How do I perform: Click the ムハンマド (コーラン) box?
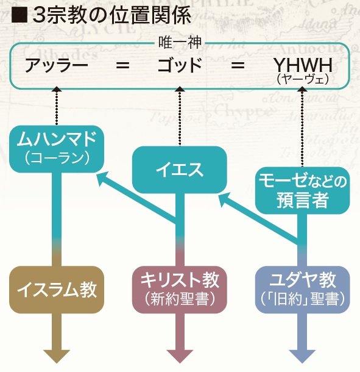pos(57,149)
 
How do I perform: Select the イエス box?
pos(180,170)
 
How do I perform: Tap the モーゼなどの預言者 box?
pos(302,190)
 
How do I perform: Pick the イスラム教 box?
pos(57,290)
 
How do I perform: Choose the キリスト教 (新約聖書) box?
pos(180,290)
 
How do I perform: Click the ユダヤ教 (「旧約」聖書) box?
pos(302,290)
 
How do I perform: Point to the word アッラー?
pos(57,65)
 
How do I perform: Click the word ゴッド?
pos(180,65)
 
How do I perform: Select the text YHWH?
pos(303,65)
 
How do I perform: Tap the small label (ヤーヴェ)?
pos(303,79)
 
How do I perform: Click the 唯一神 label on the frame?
pos(180,43)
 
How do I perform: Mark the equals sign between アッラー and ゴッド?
pos(123,65)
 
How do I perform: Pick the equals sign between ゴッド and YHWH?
pos(238,65)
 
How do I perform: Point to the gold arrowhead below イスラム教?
pos(57,356)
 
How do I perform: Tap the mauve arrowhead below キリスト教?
pos(180,356)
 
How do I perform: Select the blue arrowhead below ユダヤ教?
pos(302,356)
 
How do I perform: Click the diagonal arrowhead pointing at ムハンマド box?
pos(105,179)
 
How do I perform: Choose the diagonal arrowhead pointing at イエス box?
pos(226,200)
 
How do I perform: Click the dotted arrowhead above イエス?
pos(180,89)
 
